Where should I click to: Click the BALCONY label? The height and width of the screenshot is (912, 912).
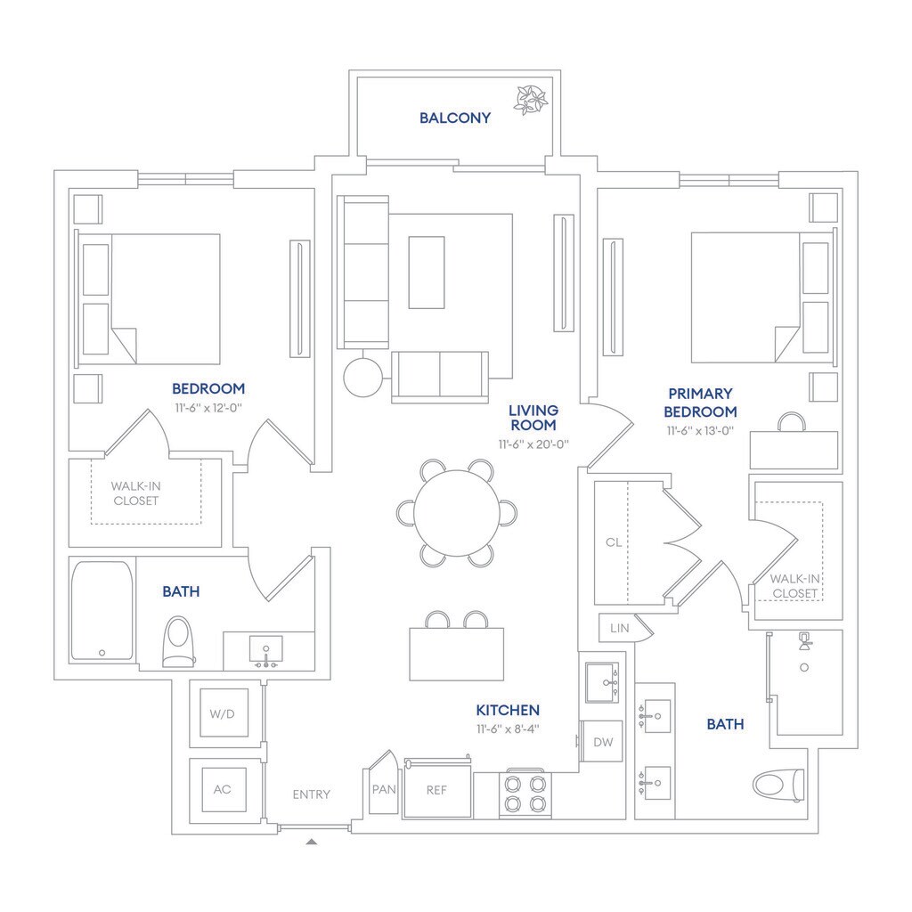[x=455, y=118]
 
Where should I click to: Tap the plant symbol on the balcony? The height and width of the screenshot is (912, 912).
[x=531, y=98]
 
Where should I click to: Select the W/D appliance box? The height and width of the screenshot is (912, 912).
[x=224, y=712]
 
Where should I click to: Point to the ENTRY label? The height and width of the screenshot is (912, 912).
[x=311, y=794]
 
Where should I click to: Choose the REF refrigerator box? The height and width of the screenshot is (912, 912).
[x=436, y=789]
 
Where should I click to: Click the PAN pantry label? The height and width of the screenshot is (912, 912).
[x=383, y=789]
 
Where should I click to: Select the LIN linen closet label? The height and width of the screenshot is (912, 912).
[x=620, y=628]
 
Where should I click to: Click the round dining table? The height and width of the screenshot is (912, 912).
[x=456, y=513]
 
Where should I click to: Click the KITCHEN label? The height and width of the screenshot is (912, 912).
[x=508, y=710]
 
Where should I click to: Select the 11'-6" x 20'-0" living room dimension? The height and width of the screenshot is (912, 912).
[x=533, y=443]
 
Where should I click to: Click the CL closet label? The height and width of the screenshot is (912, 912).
[x=613, y=541]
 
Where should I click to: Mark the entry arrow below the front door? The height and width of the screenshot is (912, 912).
[x=311, y=840]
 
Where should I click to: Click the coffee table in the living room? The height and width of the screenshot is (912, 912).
[x=427, y=272]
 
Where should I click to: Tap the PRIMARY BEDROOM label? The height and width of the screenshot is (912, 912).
[x=703, y=403]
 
